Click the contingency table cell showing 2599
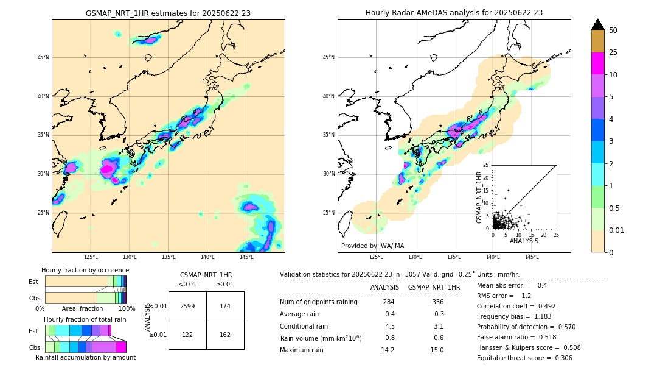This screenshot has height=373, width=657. pyautogui.click(x=187, y=306)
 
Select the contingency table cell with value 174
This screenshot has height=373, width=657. pyautogui.click(x=225, y=306)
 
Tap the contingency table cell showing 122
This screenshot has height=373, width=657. pyautogui.click(x=187, y=335)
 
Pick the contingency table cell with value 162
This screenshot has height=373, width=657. pyautogui.click(x=225, y=335)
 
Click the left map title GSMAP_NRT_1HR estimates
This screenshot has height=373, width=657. pyautogui.click(x=168, y=13)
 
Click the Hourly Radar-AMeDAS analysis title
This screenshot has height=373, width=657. pyautogui.click(x=454, y=13)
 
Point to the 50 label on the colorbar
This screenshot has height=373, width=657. pyautogui.click(x=613, y=30)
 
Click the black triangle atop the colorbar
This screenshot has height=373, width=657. pyautogui.click(x=598, y=24)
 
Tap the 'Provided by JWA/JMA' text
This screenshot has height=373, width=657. pyautogui.click(x=372, y=246)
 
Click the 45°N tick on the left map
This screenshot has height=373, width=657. pyautogui.click(x=43, y=57)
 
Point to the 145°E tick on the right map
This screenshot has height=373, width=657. pyautogui.click(x=532, y=257)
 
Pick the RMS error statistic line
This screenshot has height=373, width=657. pyautogui.click(x=504, y=296)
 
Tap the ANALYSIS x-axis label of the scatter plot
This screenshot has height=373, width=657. pyautogui.click(x=524, y=241)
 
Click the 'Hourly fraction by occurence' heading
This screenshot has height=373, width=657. pyautogui.click(x=85, y=270)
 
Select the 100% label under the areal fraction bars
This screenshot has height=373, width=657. pyautogui.click(x=127, y=309)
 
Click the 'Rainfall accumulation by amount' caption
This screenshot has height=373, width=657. pyautogui.click(x=85, y=357)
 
